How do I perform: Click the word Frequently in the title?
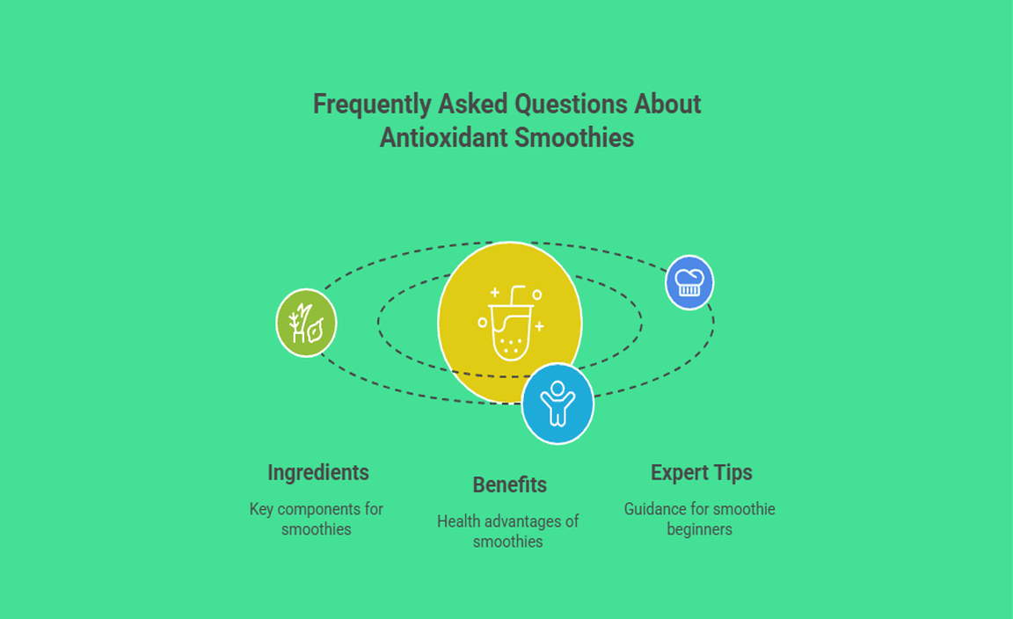372,105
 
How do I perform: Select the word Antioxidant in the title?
444,138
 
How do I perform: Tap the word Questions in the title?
571,105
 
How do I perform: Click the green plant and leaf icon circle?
306,323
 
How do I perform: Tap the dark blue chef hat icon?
689,282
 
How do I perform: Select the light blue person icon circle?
557,404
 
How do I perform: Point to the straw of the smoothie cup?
516,294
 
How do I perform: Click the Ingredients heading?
317,473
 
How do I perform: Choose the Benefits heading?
510,484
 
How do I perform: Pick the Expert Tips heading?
702,473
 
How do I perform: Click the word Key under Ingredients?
262,509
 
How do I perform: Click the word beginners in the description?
700,530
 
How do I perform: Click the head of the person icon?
558,388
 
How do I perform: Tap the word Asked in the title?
473,105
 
